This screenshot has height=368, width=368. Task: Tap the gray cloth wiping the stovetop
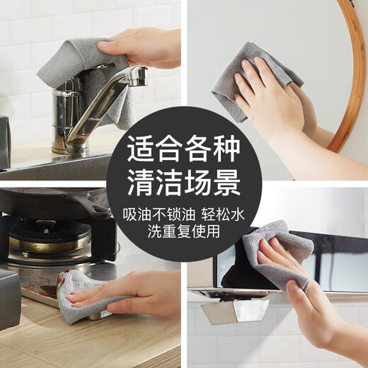point(78,297)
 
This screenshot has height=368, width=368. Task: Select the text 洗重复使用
point(184,231)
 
